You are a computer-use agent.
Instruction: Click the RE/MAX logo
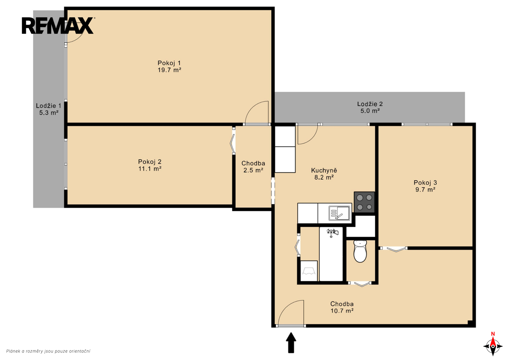[58, 25]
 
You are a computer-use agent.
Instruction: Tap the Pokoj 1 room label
[169, 63]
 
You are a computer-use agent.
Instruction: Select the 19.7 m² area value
[169, 70]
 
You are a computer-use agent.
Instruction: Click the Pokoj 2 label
[150, 162]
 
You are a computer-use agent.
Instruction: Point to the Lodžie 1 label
[49, 106]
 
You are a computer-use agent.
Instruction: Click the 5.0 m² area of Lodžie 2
[370, 111]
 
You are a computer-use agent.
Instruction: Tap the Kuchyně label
[324, 170]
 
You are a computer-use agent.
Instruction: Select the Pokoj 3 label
[425, 183]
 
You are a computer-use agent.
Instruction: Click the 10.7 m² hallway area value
[342, 311]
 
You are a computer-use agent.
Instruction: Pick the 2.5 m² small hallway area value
[253, 170]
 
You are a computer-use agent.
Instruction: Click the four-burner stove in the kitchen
[364, 202]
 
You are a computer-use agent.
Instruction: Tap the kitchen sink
[339, 213]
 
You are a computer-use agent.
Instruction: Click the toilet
[360, 251]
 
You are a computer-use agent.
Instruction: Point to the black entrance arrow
[291, 343]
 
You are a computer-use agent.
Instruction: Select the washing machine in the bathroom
[309, 271]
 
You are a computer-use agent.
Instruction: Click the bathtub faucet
[332, 232]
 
